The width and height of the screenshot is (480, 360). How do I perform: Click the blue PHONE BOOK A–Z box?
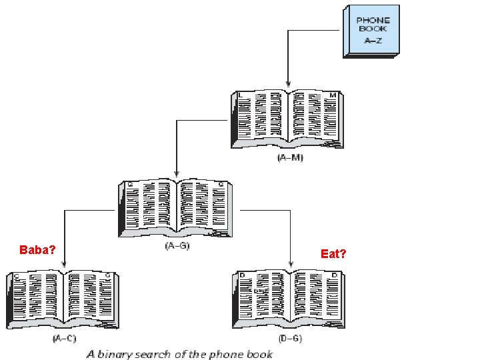pyautogui.click(x=372, y=31)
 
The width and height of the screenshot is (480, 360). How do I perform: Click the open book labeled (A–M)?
pyautogui.click(x=287, y=120)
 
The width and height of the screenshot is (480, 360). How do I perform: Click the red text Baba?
pyautogui.click(x=37, y=251)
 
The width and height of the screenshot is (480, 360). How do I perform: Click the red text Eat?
pyautogui.click(x=333, y=254)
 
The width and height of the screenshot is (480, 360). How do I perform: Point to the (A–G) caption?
pyautogui.click(x=177, y=247)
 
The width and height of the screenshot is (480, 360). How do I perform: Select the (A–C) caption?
pyautogui.click(x=65, y=339)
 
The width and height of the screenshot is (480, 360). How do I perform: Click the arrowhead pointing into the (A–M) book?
pyautogui.click(x=287, y=84)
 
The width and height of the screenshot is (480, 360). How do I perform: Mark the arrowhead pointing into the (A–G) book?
pyautogui.click(x=175, y=173)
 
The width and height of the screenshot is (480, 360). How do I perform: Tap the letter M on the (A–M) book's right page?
pyautogui.click(x=332, y=95)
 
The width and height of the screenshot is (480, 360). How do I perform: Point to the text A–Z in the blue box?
pyautogui.click(x=373, y=40)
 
